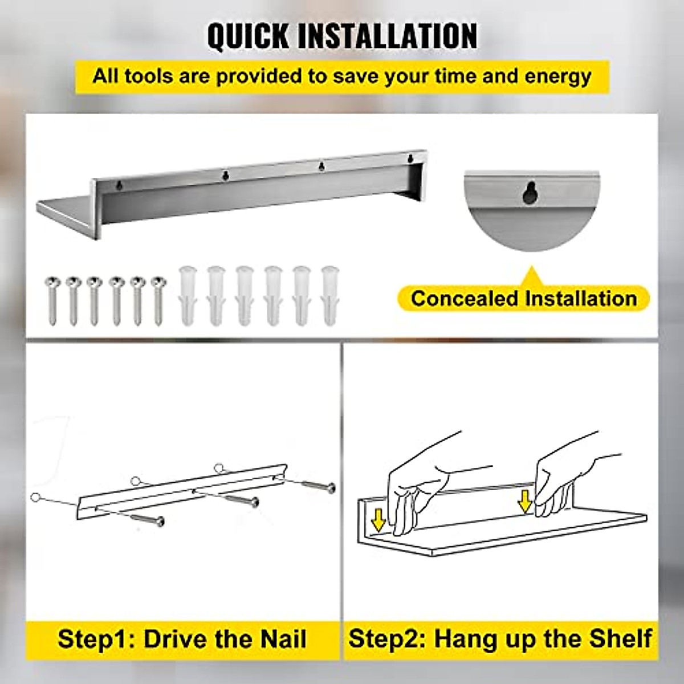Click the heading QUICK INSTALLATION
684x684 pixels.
(342, 36)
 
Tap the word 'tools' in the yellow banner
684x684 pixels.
(149, 76)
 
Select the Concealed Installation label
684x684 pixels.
(523, 298)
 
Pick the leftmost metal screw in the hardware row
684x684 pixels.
(52, 300)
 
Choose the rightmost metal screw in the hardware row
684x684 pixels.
(158, 300)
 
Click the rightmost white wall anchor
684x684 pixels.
(329, 295)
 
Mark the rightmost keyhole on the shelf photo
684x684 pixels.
(409, 158)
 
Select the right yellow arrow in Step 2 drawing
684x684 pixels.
(524, 502)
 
